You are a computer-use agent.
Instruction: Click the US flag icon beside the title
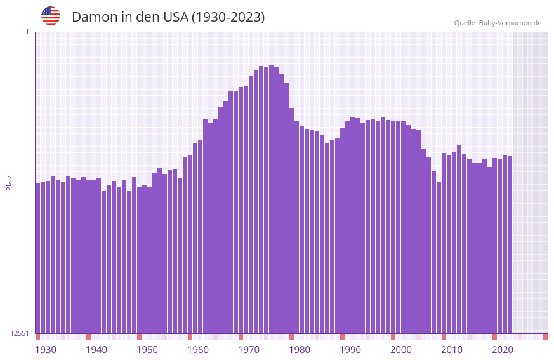point(51,16)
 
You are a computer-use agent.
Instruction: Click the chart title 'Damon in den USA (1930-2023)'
point(168,17)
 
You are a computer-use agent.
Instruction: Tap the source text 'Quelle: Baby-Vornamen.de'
point(498,23)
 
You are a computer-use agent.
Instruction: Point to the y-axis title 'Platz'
point(9,182)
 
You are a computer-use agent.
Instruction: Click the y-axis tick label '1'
point(27,32)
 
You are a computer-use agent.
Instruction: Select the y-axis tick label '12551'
point(20,333)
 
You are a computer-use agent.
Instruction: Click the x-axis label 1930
point(46,350)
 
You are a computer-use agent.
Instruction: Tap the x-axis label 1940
point(96,350)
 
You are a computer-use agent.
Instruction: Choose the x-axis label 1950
point(147,350)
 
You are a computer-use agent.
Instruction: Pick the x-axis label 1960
point(198,350)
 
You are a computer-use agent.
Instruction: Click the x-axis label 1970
point(249,350)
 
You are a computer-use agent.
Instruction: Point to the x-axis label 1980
point(300,350)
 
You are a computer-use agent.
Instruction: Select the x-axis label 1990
point(350,350)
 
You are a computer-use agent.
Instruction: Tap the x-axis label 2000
point(401,350)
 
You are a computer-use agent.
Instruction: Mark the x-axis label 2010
point(452,350)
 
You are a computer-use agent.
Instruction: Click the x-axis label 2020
point(503,350)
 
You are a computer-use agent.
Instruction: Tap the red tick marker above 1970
point(241,337)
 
